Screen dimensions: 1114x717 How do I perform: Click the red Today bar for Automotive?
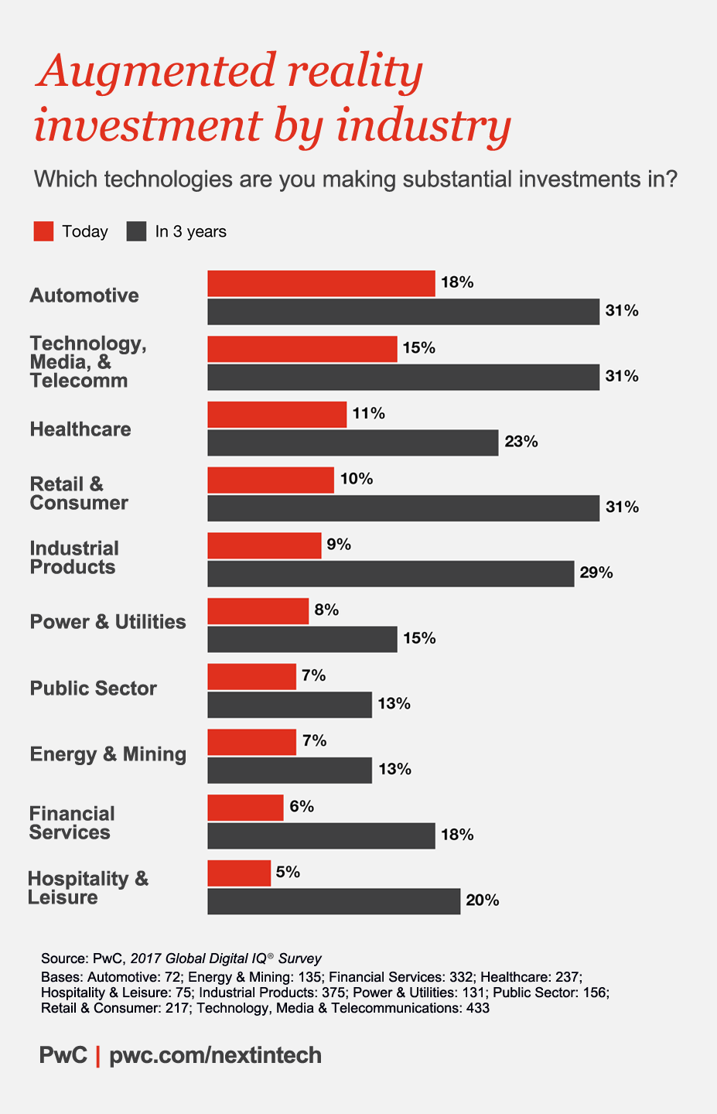click(x=321, y=283)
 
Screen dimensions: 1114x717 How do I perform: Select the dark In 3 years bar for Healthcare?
click(x=353, y=443)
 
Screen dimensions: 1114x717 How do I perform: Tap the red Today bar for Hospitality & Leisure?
click(x=239, y=873)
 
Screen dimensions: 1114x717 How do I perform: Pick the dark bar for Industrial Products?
click(x=391, y=573)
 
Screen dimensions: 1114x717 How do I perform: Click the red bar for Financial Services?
click(x=245, y=808)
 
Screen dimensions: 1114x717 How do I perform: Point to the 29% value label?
click(x=596, y=573)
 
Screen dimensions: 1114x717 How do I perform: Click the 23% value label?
click(x=521, y=443)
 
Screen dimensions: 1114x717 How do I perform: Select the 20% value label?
click(x=482, y=900)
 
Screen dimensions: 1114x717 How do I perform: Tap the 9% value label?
click(x=339, y=545)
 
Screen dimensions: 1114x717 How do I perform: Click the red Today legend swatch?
click(x=43, y=231)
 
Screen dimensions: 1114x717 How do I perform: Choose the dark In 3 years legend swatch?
click(x=136, y=231)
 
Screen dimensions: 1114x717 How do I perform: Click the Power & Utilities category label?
click(x=108, y=622)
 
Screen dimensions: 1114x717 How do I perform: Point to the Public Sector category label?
click(x=93, y=689)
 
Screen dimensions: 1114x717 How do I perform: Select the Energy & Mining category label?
click(x=108, y=754)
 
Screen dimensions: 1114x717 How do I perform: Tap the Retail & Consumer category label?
click(x=79, y=494)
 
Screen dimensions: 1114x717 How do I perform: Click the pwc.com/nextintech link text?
click(x=215, y=1055)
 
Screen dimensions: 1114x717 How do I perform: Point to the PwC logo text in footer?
click(x=63, y=1055)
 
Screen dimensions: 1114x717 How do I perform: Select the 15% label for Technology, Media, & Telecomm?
click(x=418, y=348)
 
